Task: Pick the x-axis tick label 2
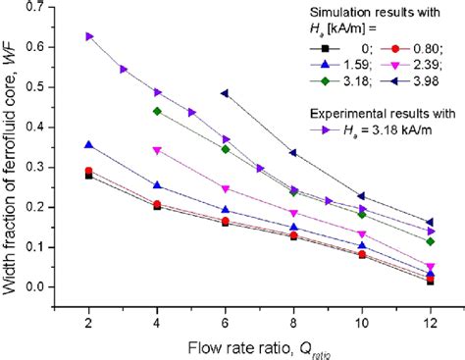90,323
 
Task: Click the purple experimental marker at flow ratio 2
90,36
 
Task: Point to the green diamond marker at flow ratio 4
157,111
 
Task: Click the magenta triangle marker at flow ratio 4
157,150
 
